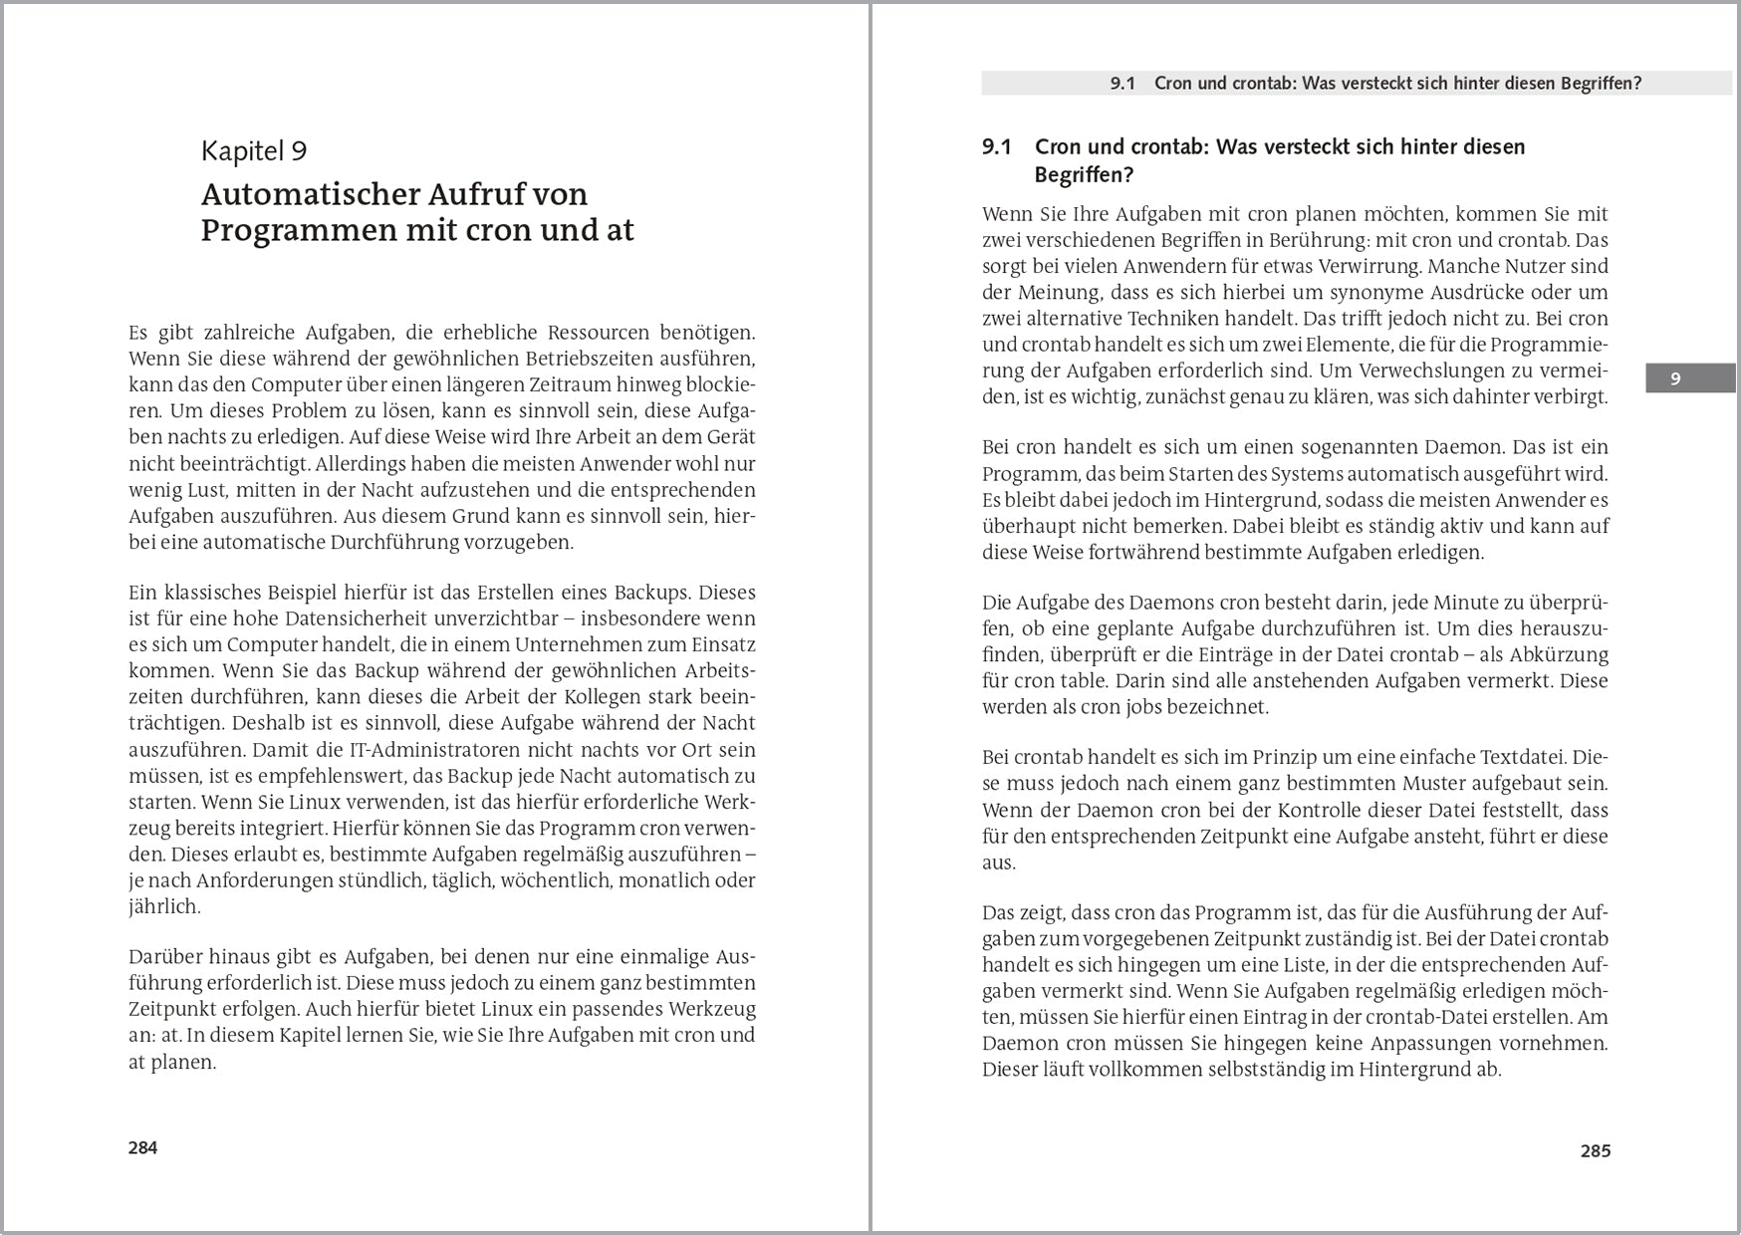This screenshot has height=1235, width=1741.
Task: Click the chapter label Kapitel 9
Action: coord(253,151)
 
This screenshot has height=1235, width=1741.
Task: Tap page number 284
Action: coord(142,1147)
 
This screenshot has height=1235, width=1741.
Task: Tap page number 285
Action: coord(1595,1151)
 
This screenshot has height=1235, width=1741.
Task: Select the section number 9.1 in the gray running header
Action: coord(1121,84)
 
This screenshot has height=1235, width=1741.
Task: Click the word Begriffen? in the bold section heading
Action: coord(1084,175)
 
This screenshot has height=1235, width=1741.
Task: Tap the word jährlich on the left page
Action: coord(164,907)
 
